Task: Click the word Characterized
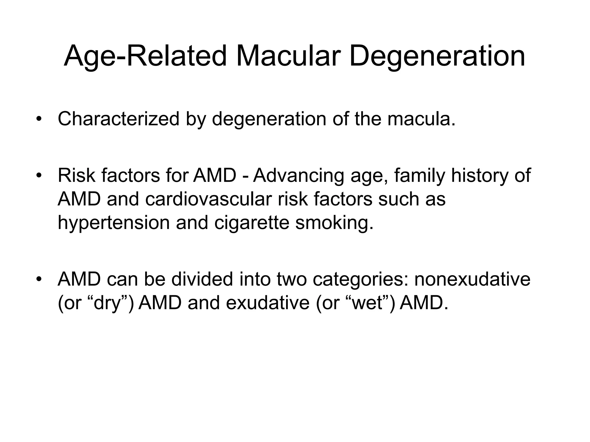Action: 119,119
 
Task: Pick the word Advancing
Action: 298,176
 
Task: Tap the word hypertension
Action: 114,223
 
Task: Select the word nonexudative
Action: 472,279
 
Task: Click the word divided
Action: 202,279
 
